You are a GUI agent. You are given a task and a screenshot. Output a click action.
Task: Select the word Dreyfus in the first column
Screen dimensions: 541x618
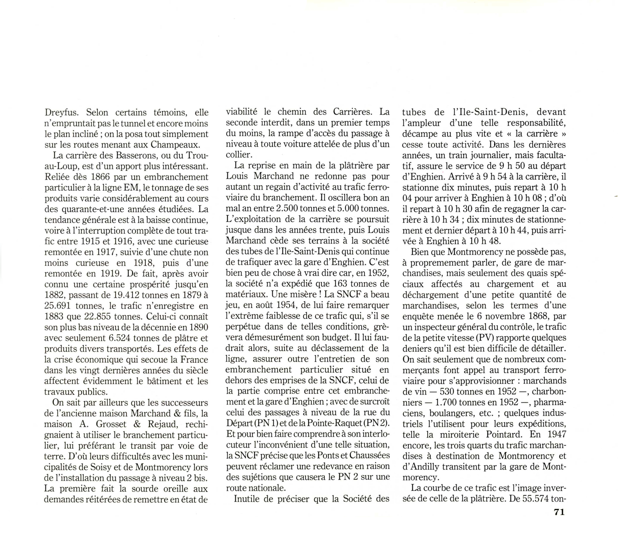coord(61,113)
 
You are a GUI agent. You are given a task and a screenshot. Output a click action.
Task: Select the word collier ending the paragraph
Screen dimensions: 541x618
coord(238,155)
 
